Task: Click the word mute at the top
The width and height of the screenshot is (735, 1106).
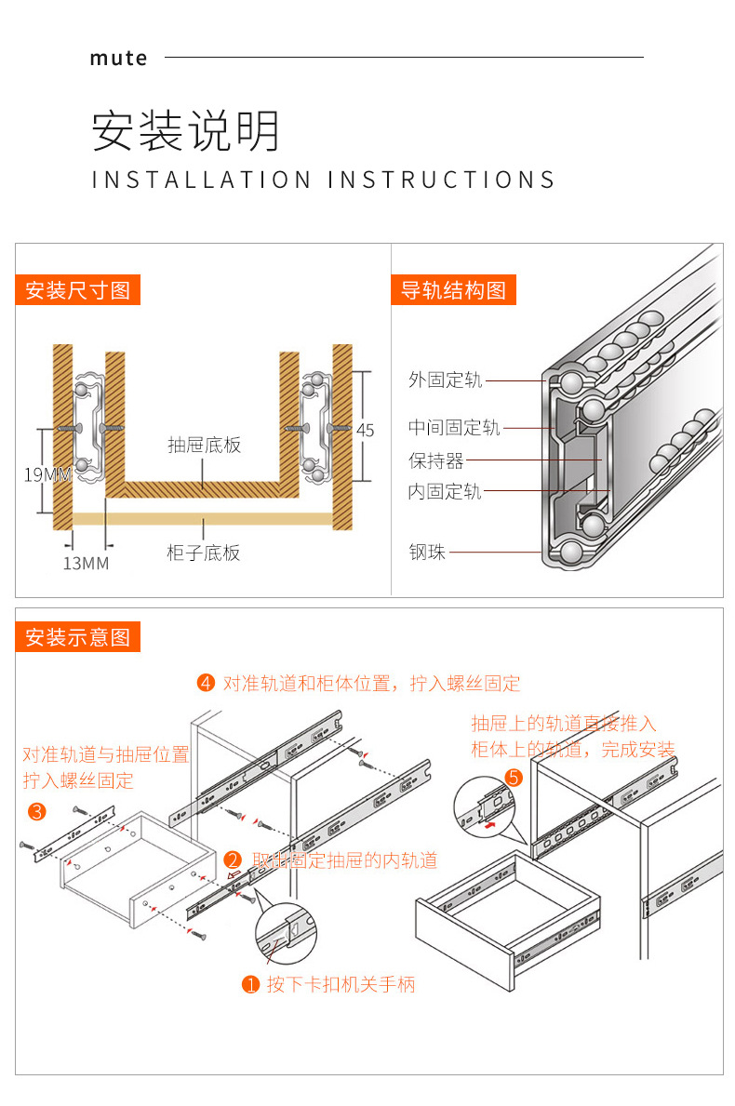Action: click(x=118, y=58)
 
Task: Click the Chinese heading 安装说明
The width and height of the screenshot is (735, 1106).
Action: click(x=185, y=131)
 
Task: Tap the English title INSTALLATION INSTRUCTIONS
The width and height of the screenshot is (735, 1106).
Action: click(x=323, y=180)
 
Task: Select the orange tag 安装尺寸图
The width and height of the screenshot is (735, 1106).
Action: click(x=77, y=290)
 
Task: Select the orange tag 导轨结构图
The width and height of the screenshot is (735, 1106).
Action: click(x=453, y=290)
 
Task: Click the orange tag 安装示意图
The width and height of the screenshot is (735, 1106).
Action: click(x=77, y=637)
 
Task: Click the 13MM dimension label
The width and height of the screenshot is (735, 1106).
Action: click(x=86, y=564)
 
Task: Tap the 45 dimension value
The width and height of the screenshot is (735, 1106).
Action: click(x=365, y=430)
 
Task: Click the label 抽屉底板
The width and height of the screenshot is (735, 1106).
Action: click(x=204, y=445)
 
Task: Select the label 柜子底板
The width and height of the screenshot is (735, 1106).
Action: click(x=204, y=553)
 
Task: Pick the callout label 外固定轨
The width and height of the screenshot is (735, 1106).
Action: click(x=445, y=380)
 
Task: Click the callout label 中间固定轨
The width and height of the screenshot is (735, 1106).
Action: click(x=454, y=428)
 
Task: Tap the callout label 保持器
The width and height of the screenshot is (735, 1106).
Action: click(x=435, y=460)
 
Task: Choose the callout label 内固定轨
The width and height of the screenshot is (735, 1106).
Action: click(x=445, y=492)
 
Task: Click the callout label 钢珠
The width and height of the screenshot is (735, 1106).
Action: click(x=427, y=553)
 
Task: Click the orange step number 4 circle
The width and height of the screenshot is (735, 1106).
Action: click(x=207, y=684)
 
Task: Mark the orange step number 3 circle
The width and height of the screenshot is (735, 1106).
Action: click(x=37, y=811)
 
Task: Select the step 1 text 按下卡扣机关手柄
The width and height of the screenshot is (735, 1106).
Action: click(x=341, y=984)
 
